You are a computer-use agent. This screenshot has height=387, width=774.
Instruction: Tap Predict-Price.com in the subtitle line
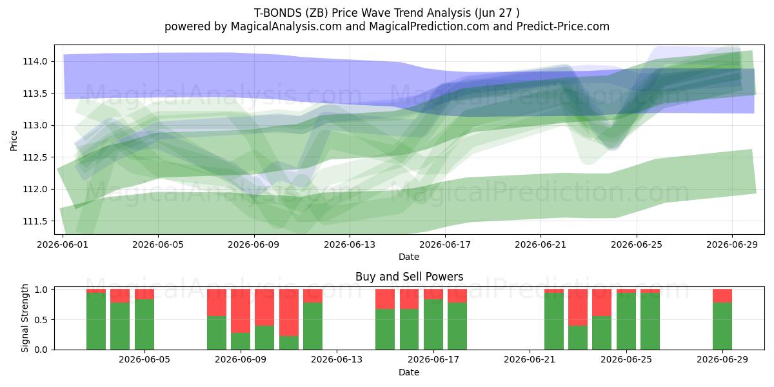pos(563,26)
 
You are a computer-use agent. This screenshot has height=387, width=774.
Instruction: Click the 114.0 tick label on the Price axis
pos(35,61)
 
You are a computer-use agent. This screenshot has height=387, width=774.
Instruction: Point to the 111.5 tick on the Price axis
pos(35,221)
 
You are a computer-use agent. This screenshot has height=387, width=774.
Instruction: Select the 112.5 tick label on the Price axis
pos(35,157)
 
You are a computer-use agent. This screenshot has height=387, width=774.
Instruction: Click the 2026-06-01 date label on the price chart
pos(63,244)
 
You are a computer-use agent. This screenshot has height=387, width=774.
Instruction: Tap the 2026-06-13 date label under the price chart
pos(350,244)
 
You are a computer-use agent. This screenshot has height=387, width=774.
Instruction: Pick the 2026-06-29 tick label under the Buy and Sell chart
pos(722,359)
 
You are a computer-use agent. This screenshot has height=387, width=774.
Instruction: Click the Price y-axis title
pos(14,141)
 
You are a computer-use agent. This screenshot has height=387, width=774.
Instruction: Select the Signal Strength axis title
pos(25,318)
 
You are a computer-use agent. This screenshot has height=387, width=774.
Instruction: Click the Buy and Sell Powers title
pos(409,277)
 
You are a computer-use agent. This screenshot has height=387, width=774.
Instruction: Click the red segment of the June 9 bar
pos(241,311)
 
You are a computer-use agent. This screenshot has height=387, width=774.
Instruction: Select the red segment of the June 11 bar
pos(289,313)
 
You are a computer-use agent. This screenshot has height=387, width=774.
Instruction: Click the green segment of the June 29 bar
pos(722,326)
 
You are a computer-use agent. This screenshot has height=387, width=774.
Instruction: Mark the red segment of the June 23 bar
pos(578,308)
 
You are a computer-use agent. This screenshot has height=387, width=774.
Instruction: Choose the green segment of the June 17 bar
pos(457,326)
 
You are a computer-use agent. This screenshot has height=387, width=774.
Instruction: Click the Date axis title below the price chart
pos(409,257)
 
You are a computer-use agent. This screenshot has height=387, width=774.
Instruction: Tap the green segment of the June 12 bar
pos(313,326)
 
